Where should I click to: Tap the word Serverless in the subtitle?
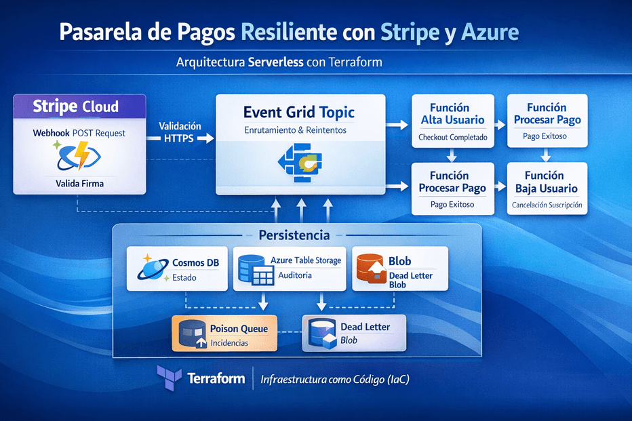(x=275, y=62)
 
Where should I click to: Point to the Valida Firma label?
(x=79, y=183)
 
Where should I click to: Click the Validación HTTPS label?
(x=180, y=132)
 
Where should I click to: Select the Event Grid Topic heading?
(x=299, y=112)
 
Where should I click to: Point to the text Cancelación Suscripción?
(x=547, y=205)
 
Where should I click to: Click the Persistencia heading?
(x=294, y=235)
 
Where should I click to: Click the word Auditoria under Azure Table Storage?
(x=296, y=275)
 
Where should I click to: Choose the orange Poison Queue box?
(x=224, y=333)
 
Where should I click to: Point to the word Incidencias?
(x=229, y=342)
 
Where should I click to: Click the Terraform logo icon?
(x=167, y=377)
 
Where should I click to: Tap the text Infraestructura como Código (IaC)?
(x=335, y=380)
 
